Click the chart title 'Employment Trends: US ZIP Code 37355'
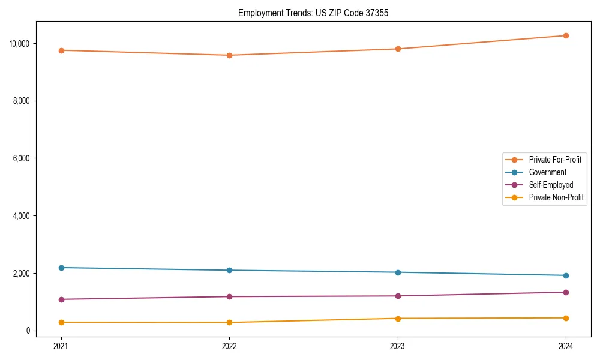pyautogui.click(x=313, y=13)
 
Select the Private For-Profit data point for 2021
pyautogui.click(x=61, y=50)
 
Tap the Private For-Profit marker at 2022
pyautogui.click(x=229, y=55)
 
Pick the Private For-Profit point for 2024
pyautogui.click(x=566, y=35)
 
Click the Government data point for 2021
pyautogui.click(x=61, y=268)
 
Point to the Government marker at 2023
pyautogui.click(x=397, y=272)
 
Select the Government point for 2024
pyautogui.click(x=566, y=275)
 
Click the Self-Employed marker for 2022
pyautogui.click(x=229, y=296)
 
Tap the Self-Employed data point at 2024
pyautogui.click(x=566, y=292)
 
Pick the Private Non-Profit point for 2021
pyautogui.click(x=61, y=322)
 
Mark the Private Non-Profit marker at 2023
pyautogui.click(x=397, y=319)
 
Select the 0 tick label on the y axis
pyautogui.click(x=28, y=331)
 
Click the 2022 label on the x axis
pyautogui.click(x=229, y=346)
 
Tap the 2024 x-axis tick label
pyautogui.click(x=566, y=346)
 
